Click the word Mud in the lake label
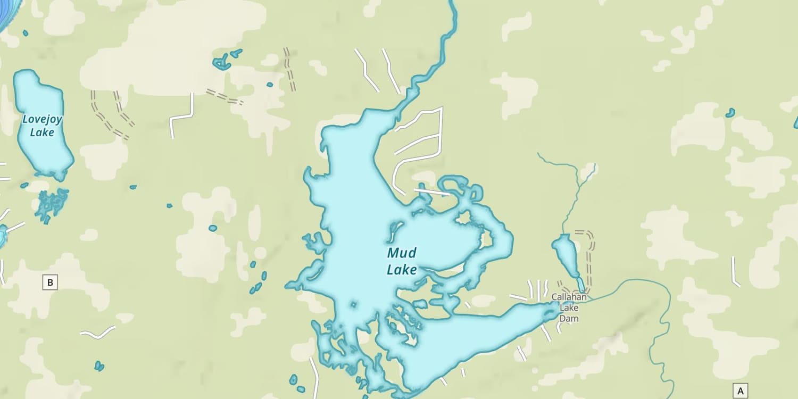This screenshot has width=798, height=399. pyautogui.click(x=402, y=253)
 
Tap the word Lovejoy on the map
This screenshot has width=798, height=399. pyautogui.click(x=42, y=120)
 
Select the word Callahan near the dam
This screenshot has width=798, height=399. pyautogui.click(x=569, y=297)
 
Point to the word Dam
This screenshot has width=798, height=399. pyautogui.click(x=569, y=319)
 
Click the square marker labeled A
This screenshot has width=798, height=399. pyautogui.click(x=740, y=390)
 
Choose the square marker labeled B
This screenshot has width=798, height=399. pyautogui.click(x=50, y=282)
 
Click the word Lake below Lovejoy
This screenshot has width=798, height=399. pyautogui.click(x=41, y=132)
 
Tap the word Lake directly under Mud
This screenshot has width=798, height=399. pyautogui.click(x=402, y=270)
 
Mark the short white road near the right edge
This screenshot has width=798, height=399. pyautogui.click(x=735, y=272)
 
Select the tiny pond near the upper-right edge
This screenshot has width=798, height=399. pyautogui.click(x=730, y=112)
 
